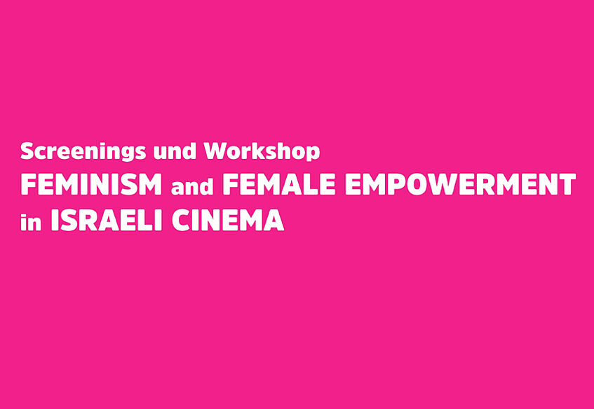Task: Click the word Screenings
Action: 83,152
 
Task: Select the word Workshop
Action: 262,152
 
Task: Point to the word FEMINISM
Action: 91,184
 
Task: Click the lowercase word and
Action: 192,186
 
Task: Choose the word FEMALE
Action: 279,184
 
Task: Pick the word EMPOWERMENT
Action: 460,184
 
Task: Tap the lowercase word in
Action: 31,222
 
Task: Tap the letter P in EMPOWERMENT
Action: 397,184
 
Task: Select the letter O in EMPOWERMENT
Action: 419,184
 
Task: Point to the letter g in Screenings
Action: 128,153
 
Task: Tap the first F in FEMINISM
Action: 29,184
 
